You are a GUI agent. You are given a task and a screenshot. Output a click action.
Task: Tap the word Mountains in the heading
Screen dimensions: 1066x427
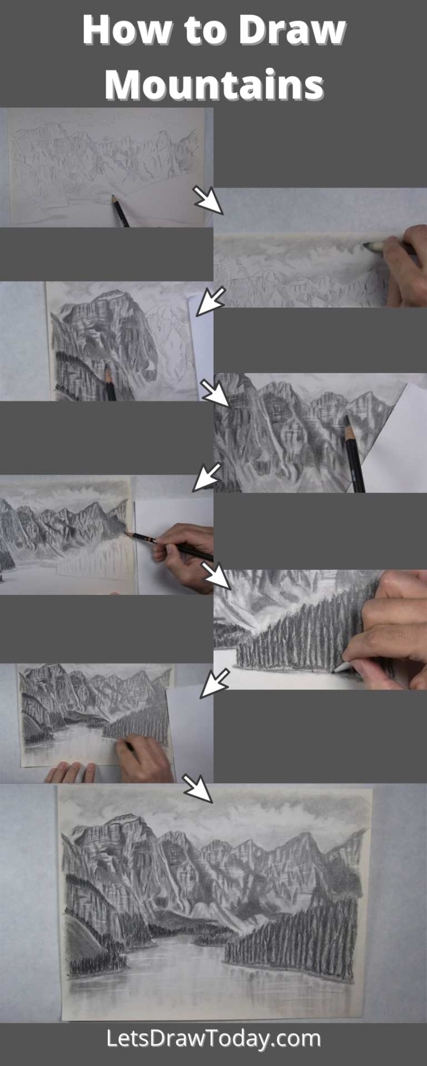tap(214, 84)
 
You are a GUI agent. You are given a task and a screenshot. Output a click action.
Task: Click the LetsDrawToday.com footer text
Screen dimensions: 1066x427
tap(213, 1038)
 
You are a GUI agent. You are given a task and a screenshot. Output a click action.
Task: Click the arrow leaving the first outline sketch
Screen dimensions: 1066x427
tap(207, 200)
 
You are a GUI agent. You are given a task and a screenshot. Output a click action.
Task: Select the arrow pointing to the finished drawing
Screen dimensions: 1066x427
tap(197, 788)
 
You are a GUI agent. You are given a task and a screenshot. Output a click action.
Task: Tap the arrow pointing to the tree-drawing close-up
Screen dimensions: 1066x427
tap(215, 575)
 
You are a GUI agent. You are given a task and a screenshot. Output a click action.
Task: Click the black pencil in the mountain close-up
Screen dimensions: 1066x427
tap(354, 455)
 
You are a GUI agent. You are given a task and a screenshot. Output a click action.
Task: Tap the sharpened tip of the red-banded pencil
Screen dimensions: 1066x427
tap(127, 534)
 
